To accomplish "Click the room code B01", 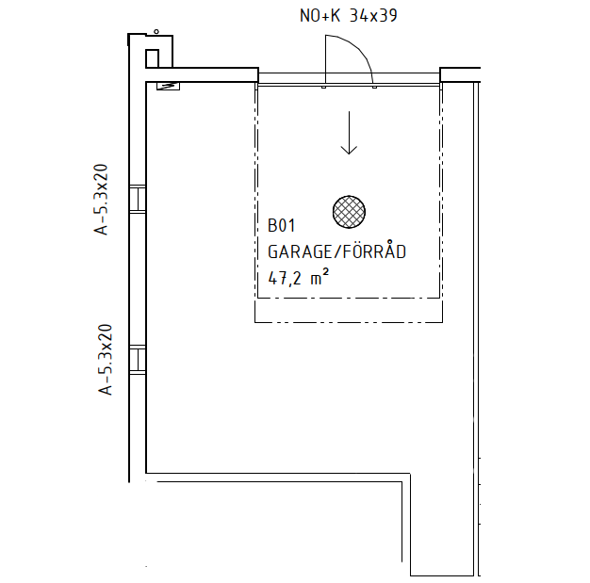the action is coord(281,225).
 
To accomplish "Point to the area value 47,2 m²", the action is coord(298,278).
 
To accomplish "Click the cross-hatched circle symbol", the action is coord(349,212).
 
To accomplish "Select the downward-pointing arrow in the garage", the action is coord(349,133).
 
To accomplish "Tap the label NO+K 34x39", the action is coord(349,15).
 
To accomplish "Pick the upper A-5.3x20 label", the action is coord(101,200).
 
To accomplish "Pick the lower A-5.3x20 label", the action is coord(106,360).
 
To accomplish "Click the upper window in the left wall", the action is coord(138,199).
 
